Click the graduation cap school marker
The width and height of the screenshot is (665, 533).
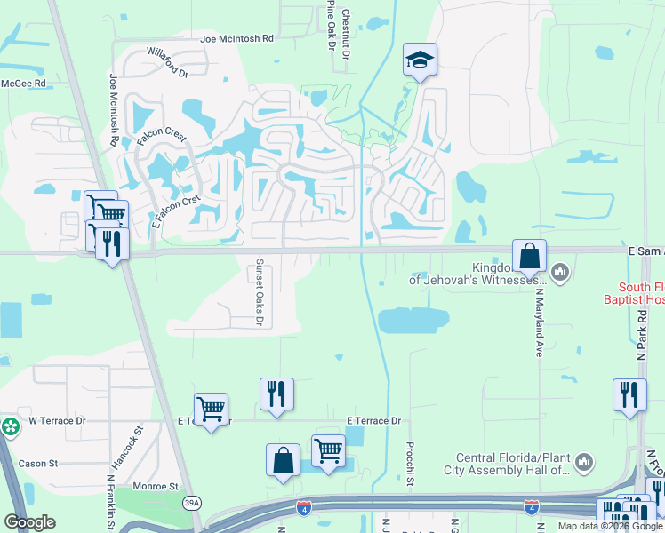point(420,60)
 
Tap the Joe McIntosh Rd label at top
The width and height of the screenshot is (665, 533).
point(236,39)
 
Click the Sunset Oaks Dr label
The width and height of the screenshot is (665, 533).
point(260,292)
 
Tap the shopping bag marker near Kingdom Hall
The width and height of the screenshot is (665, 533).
point(529,257)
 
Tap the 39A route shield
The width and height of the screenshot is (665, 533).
point(193,504)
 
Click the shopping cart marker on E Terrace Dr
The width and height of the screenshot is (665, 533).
point(211,410)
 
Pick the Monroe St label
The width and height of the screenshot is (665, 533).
point(156,487)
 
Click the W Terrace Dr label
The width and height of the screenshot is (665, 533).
point(57,420)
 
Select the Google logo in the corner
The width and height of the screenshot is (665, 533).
point(30,522)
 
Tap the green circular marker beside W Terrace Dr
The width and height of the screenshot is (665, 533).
point(10,427)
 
